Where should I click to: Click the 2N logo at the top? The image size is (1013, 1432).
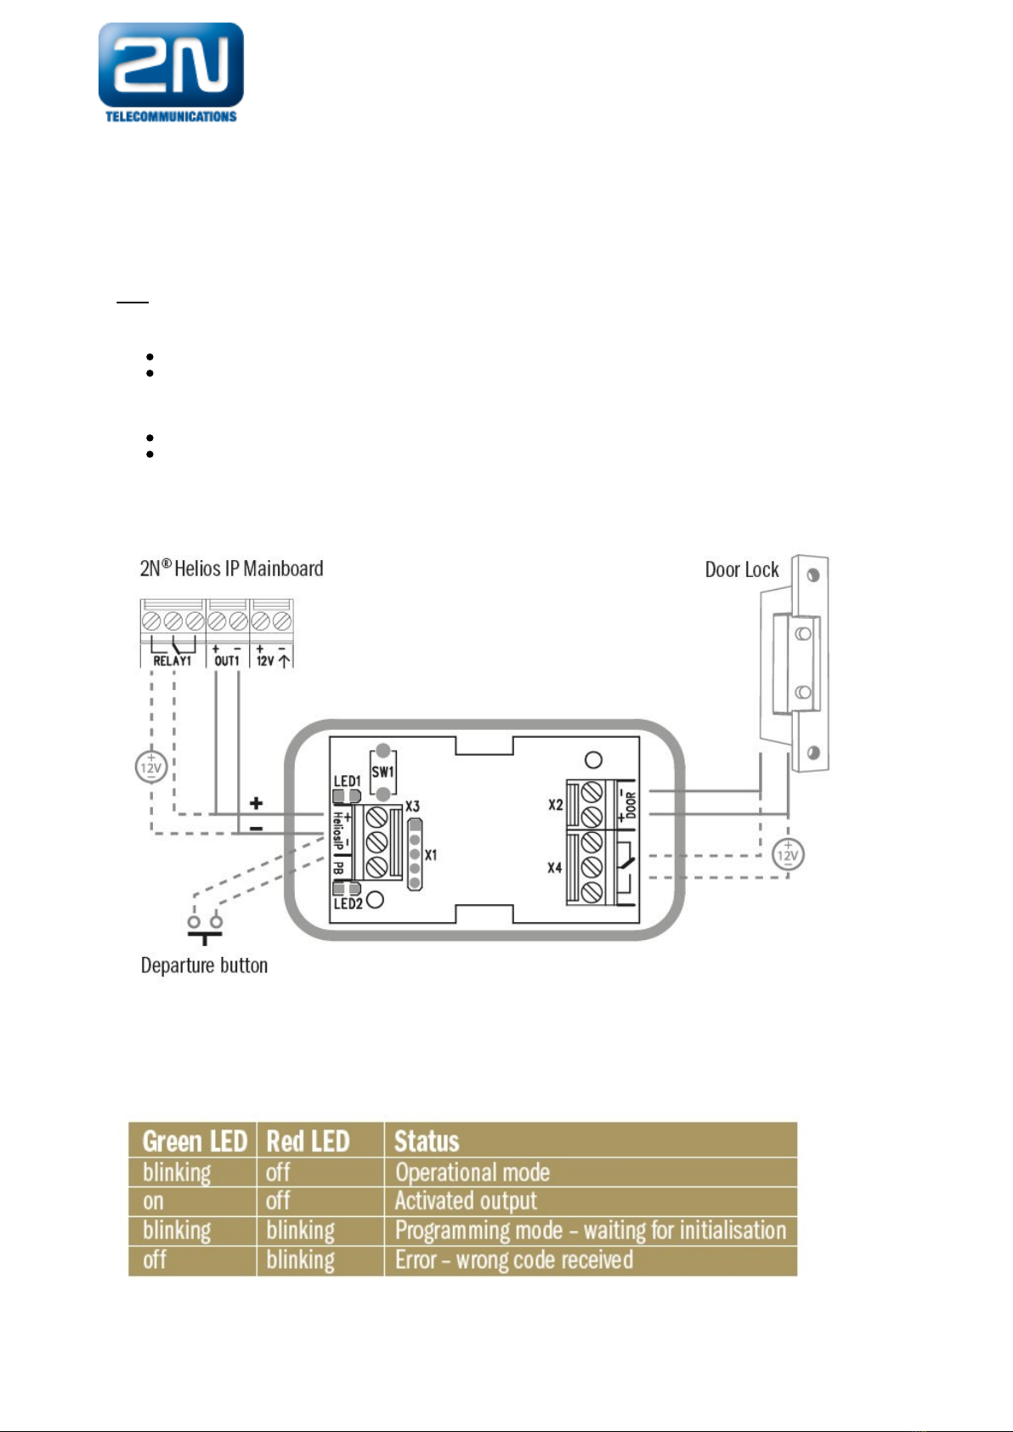(x=171, y=72)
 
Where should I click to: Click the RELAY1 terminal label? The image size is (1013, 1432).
(x=172, y=661)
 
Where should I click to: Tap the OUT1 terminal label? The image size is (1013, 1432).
(x=227, y=661)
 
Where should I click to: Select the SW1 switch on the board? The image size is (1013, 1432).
(x=382, y=773)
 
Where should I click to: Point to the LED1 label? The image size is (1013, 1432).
(x=347, y=781)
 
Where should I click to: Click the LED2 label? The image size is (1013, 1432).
(x=348, y=903)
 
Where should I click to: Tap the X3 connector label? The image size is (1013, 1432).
(x=412, y=807)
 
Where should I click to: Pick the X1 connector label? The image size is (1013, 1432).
(x=431, y=855)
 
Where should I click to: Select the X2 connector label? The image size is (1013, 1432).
(x=556, y=805)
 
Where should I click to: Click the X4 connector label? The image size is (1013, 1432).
(x=554, y=868)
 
